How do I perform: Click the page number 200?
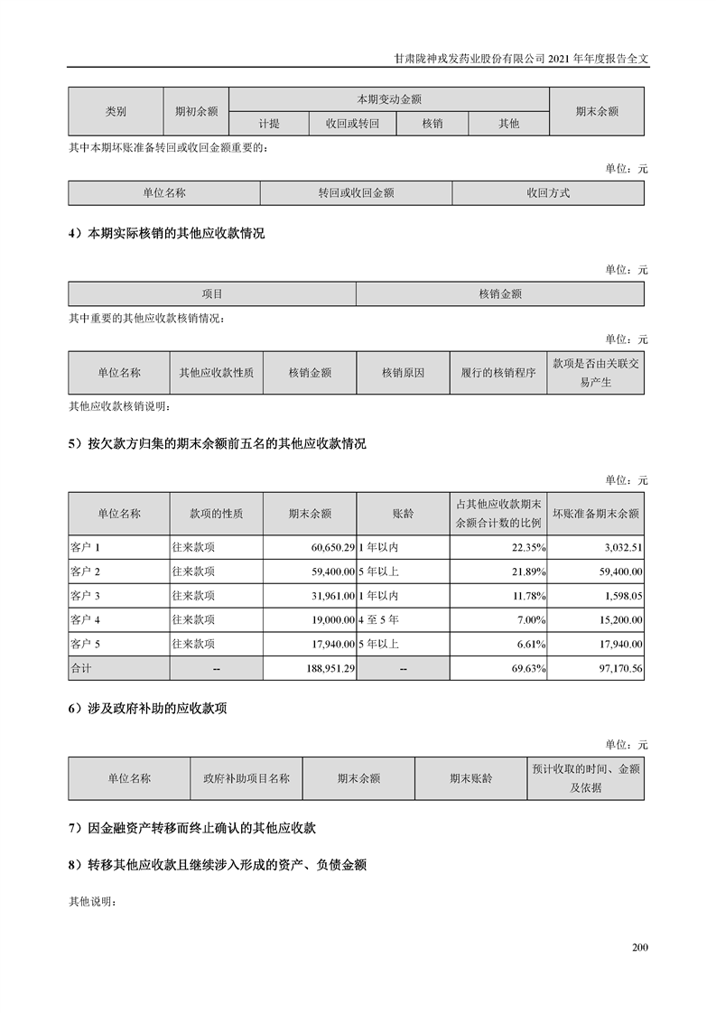point(640,947)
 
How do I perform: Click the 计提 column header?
point(269,124)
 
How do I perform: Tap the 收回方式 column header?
point(548,193)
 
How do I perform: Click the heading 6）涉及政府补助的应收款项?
point(147,709)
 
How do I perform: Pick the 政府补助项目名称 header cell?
point(246,778)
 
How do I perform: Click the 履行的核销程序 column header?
point(497,372)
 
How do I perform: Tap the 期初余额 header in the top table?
point(196,112)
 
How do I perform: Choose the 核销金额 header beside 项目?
point(500,294)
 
